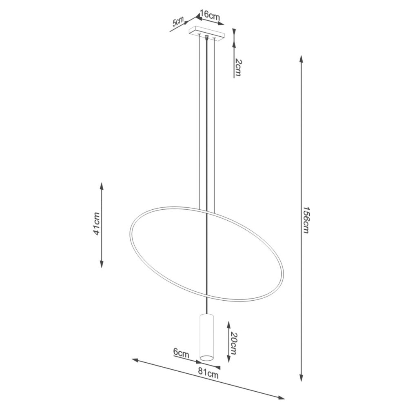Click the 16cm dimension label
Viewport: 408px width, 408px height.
click(210, 15)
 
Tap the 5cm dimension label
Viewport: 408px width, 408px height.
click(178, 22)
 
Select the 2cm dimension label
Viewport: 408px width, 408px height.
click(238, 68)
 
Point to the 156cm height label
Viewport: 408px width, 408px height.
click(306, 220)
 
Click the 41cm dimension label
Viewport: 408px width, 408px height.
click(97, 224)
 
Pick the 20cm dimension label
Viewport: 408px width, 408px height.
click(233, 344)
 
